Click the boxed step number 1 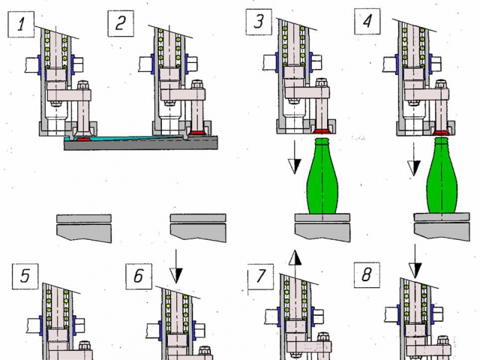(x=21, y=24)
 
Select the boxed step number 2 (x=121, y=23)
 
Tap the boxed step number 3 (x=259, y=22)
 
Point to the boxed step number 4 (x=367, y=21)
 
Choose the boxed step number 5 (x=25, y=276)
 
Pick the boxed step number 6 (x=139, y=276)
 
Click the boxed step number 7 (x=260, y=277)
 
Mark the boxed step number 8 (x=367, y=274)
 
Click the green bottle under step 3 (x=322, y=176)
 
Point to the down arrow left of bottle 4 (x=414, y=159)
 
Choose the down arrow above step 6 (x=176, y=266)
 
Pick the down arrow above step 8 (x=415, y=262)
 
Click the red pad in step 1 (x=82, y=139)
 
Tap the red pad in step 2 (x=196, y=133)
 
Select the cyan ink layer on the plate (x=128, y=138)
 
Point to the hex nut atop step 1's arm (x=83, y=85)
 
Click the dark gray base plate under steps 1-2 (x=141, y=143)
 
